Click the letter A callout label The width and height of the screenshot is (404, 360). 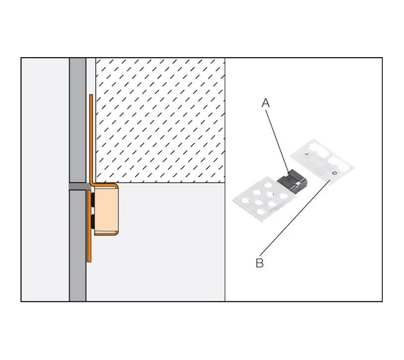(266, 102)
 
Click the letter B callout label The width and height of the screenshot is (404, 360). (260, 263)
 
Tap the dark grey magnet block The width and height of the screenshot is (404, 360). (293, 181)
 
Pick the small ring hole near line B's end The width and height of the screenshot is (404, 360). (334, 173)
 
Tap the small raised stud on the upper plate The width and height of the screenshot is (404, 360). (306, 153)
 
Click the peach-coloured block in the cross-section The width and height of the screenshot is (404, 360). (105, 211)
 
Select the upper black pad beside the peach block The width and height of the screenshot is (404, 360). (92, 199)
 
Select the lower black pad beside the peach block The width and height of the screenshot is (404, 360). (92, 222)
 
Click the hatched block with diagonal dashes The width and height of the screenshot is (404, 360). (160, 120)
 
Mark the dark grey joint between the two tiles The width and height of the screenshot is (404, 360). (78, 187)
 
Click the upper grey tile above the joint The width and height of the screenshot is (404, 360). (78, 121)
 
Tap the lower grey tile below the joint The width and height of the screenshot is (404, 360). (78, 246)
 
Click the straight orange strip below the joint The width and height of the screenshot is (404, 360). (89, 226)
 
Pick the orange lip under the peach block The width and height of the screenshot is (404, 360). (106, 234)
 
